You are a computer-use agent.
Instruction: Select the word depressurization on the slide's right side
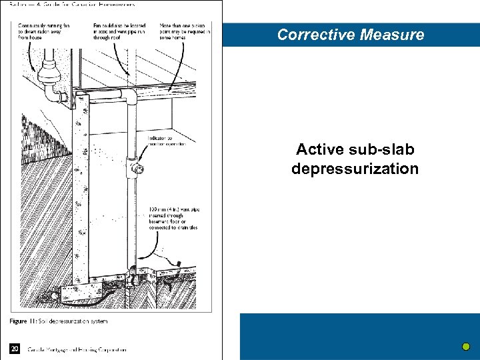tap(355, 169)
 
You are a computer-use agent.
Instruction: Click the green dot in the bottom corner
tap(466, 347)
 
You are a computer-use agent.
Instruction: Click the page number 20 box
tap(15, 348)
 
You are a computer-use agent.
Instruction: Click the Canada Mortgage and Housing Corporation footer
tap(77, 349)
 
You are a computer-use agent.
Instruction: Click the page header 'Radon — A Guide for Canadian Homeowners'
tap(73, 5)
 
